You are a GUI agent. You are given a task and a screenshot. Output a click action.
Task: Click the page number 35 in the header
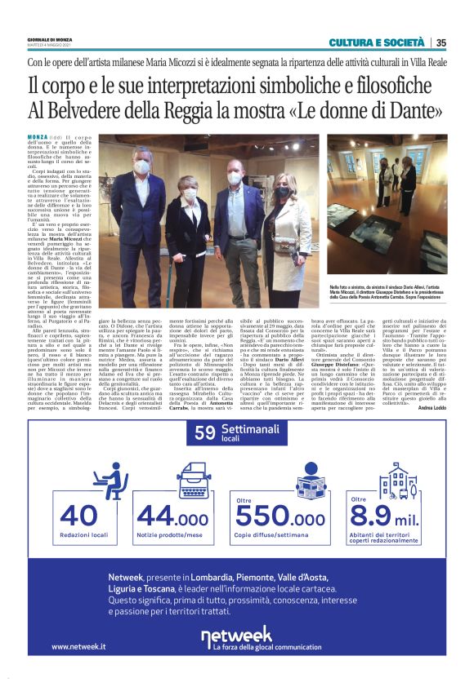click(x=440, y=43)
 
